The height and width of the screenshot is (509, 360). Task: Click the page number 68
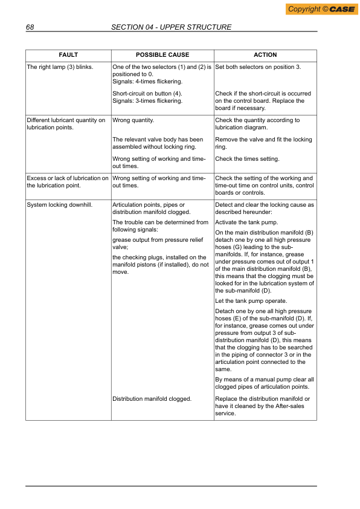click(x=30, y=27)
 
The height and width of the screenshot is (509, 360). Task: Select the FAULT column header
click(x=68, y=55)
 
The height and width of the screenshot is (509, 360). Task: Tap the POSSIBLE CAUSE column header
click(x=162, y=55)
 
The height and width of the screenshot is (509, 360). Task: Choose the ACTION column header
click(x=265, y=55)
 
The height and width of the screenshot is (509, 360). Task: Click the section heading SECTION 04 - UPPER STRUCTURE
click(x=172, y=27)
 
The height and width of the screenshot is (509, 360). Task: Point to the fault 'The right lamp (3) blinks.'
click(x=60, y=66)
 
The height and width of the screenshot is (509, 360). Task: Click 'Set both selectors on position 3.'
click(x=258, y=66)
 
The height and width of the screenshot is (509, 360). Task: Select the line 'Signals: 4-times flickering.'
click(x=147, y=81)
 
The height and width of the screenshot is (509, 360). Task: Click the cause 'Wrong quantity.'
click(x=133, y=120)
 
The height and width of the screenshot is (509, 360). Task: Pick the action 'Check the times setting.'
click(x=247, y=159)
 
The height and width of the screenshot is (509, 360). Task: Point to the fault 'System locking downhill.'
click(x=59, y=205)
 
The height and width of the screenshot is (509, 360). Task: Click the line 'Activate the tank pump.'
click(x=247, y=222)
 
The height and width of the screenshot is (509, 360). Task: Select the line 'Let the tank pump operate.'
click(x=251, y=301)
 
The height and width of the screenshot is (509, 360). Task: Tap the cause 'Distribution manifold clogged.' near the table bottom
click(x=152, y=399)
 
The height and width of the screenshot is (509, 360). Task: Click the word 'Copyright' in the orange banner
click(x=304, y=9)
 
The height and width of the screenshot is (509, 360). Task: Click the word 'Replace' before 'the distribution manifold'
click(x=227, y=399)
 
